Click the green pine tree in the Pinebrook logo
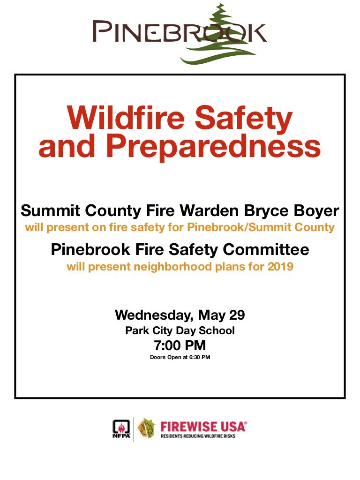pos(219,37)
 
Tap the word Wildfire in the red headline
pos(126,118)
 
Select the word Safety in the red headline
pos(244,120)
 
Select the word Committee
pos(266,249)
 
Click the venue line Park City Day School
pos(180,331)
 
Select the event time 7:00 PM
pos(180,345)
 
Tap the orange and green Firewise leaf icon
pos(146,428)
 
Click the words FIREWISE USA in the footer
pos(203,427)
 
